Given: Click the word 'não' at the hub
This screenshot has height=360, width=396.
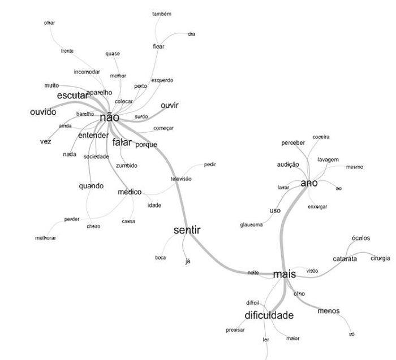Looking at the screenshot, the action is coord(109,118).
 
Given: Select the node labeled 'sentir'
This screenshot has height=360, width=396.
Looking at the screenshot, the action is coord(187,230).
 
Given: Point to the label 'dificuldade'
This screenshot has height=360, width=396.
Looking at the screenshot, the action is coord(269,315).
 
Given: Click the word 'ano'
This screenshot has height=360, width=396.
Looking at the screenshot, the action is coord(309,184).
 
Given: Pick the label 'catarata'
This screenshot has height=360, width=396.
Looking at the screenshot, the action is coord(345,259).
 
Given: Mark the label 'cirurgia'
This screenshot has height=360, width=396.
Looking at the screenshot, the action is coord(380,258).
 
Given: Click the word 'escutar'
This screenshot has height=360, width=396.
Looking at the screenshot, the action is coord(72,96).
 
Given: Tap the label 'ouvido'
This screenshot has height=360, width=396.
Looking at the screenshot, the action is coord(43,112).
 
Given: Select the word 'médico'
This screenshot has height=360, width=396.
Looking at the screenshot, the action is coord(130,192).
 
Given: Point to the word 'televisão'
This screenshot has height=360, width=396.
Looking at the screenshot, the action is coord(182,179).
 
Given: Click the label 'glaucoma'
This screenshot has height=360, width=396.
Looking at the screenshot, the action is coord(252,225).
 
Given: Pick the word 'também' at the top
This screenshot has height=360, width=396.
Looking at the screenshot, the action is coord(162,14).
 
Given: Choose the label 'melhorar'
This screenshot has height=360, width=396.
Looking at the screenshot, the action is coord(46,238).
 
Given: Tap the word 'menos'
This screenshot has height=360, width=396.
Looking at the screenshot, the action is coord(329,311).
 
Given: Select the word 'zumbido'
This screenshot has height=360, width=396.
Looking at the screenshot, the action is coord(126,166).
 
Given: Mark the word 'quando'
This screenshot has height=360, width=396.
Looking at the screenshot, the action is coord(92,186).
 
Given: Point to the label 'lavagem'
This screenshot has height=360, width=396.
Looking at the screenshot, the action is coord(328,159).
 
